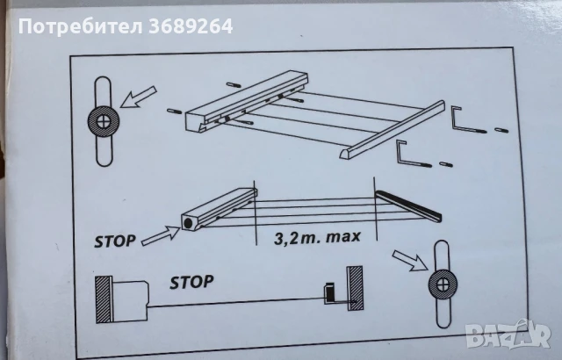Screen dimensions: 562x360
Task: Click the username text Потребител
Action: point(81,26)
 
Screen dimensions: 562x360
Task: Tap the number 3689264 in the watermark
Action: point(191,26)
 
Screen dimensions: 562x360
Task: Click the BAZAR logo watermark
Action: point(508,335)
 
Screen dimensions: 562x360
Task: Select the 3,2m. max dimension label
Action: point(317,237)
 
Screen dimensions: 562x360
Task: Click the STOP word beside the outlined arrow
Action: point(115,241)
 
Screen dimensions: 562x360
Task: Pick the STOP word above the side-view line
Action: point(191,282)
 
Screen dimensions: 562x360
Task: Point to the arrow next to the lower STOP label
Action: point(160,236)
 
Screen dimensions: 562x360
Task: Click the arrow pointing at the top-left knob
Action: point(139,97)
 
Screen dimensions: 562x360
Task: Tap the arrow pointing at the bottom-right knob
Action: point(410,260)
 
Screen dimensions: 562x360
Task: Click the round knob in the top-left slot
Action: point(104,121)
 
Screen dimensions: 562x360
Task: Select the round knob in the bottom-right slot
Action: point(443,284)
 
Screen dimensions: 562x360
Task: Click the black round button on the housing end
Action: point(188,224)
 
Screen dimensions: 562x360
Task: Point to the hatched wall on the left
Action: point(104,299)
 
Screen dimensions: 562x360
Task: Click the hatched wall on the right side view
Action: point(355,288)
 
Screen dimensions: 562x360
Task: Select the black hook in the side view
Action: point(330,293)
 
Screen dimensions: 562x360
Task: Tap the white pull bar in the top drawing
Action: point(393,130)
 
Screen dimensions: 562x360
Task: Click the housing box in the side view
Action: point(130,301)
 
